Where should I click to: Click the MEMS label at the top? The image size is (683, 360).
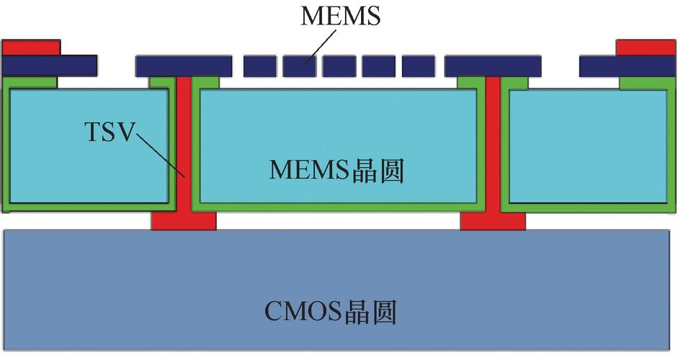[340, 16]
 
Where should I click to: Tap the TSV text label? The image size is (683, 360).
[109, 132]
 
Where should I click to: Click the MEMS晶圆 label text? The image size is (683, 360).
[336, 170]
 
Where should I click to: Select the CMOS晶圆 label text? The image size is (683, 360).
[331, 312]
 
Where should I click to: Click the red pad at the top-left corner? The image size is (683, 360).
[31, 48]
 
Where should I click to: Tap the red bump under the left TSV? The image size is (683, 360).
[184, 221]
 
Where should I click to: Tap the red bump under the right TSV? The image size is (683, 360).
[493, 221]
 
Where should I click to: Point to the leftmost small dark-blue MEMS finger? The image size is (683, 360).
[259, 67]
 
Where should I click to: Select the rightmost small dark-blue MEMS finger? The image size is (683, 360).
[418, 67]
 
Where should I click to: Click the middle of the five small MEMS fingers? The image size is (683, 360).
[339, 67]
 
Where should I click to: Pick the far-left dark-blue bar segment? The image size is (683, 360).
[50, 66]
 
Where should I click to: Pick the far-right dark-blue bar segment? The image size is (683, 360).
[628, 66]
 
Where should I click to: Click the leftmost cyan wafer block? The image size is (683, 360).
[89, 146]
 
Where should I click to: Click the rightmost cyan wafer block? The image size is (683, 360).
[588, 146]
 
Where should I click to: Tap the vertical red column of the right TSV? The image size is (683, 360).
[493, 145]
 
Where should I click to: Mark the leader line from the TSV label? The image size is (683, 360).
[161, 156]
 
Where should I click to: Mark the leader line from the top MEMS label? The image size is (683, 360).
[320, 48]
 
